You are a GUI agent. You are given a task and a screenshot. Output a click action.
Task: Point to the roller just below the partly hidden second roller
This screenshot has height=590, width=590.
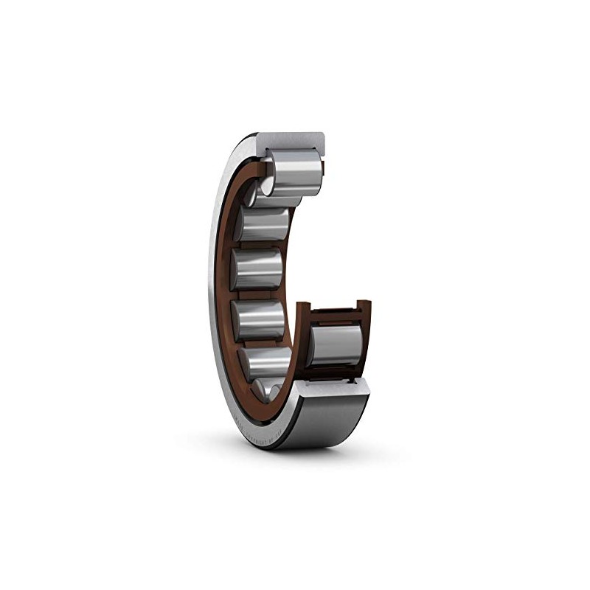[x=258, y=267]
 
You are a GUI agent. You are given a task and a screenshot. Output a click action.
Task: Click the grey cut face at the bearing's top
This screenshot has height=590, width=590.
[x=291, y=139]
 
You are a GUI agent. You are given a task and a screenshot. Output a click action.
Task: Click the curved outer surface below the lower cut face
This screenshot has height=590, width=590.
[x=332, y=420]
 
